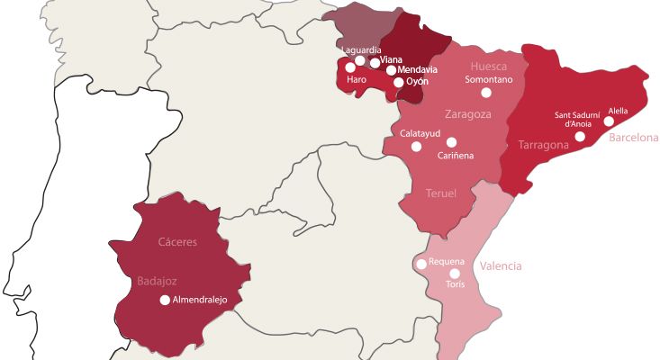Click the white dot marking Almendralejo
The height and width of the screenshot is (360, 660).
point(164,301)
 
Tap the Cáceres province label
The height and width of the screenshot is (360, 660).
point(177,242)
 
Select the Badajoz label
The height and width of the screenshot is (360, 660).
point(157,281)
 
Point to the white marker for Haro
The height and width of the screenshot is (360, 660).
point(350,67)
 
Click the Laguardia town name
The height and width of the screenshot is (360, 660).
point(361,49)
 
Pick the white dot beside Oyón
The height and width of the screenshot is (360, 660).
point(399,82)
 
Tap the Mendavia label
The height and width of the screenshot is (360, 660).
point(417,69)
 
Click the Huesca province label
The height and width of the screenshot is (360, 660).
point(490,66)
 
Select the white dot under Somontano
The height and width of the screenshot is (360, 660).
point(486,93)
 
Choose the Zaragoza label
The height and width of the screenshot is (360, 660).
point(468,114)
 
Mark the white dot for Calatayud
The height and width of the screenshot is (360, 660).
point(416,146)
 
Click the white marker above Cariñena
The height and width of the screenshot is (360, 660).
point(451,142)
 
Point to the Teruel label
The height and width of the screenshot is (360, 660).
point(440,193)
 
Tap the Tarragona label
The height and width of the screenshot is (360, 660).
point(543,145)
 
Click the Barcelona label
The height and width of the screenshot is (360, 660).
point(634,138)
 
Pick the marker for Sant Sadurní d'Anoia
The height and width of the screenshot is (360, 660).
point(580,137)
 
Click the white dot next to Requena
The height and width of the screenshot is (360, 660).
point(421,264)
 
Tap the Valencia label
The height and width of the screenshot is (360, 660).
point(501,266)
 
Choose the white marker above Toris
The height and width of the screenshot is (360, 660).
point(455,274)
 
